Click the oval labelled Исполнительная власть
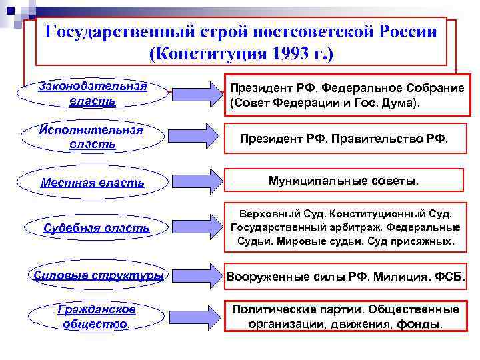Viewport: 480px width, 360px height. pyautogui.click(x=92, y=137)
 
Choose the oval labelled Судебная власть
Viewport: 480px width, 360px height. pyautogui.click(x=96, y=228)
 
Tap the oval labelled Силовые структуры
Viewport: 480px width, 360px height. pyautogui.click(x=99, y=275)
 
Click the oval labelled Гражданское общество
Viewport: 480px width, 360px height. pyautogui.click(x=96, y=317)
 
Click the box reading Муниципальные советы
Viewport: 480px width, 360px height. pyautogui.click(x=343, y=181)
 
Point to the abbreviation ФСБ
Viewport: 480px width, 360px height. pyautogui.click(x=450, y=276)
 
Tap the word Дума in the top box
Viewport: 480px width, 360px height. pyautogui.click(x=399, y=104)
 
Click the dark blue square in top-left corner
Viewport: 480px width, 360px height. pyautogui.click(x=9, y=9)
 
